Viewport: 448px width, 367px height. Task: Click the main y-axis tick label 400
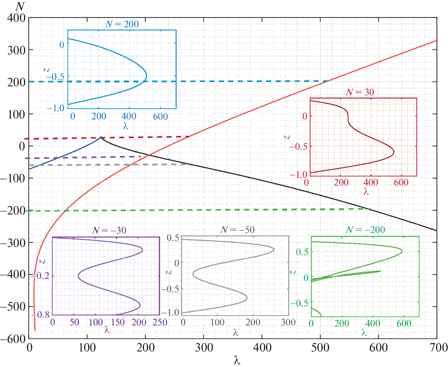(x=16, y=18)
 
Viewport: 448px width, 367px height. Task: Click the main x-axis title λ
(x=237, y=361)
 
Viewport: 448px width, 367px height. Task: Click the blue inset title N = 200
(x=122, y=24)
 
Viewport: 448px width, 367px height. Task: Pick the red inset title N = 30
(x=360, y=92)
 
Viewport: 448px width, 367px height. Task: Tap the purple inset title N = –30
(x=109, y=231)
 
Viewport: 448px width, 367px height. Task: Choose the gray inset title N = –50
(x=238, y=230)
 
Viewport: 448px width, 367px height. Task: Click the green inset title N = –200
(x=365, y=230)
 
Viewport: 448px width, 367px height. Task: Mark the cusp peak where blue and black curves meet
(x=101, y=137)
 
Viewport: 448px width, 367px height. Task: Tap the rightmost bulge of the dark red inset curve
(x=394, y=152)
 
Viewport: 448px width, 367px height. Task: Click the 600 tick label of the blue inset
(x=160, y=116)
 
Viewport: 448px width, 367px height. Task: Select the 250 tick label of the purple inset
(x=160, y=322)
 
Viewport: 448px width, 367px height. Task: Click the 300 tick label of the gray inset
(x=288, y=322)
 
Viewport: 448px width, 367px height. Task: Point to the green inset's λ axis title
(x=364, y=333)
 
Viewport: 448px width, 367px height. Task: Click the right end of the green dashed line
(x=370, y=209)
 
